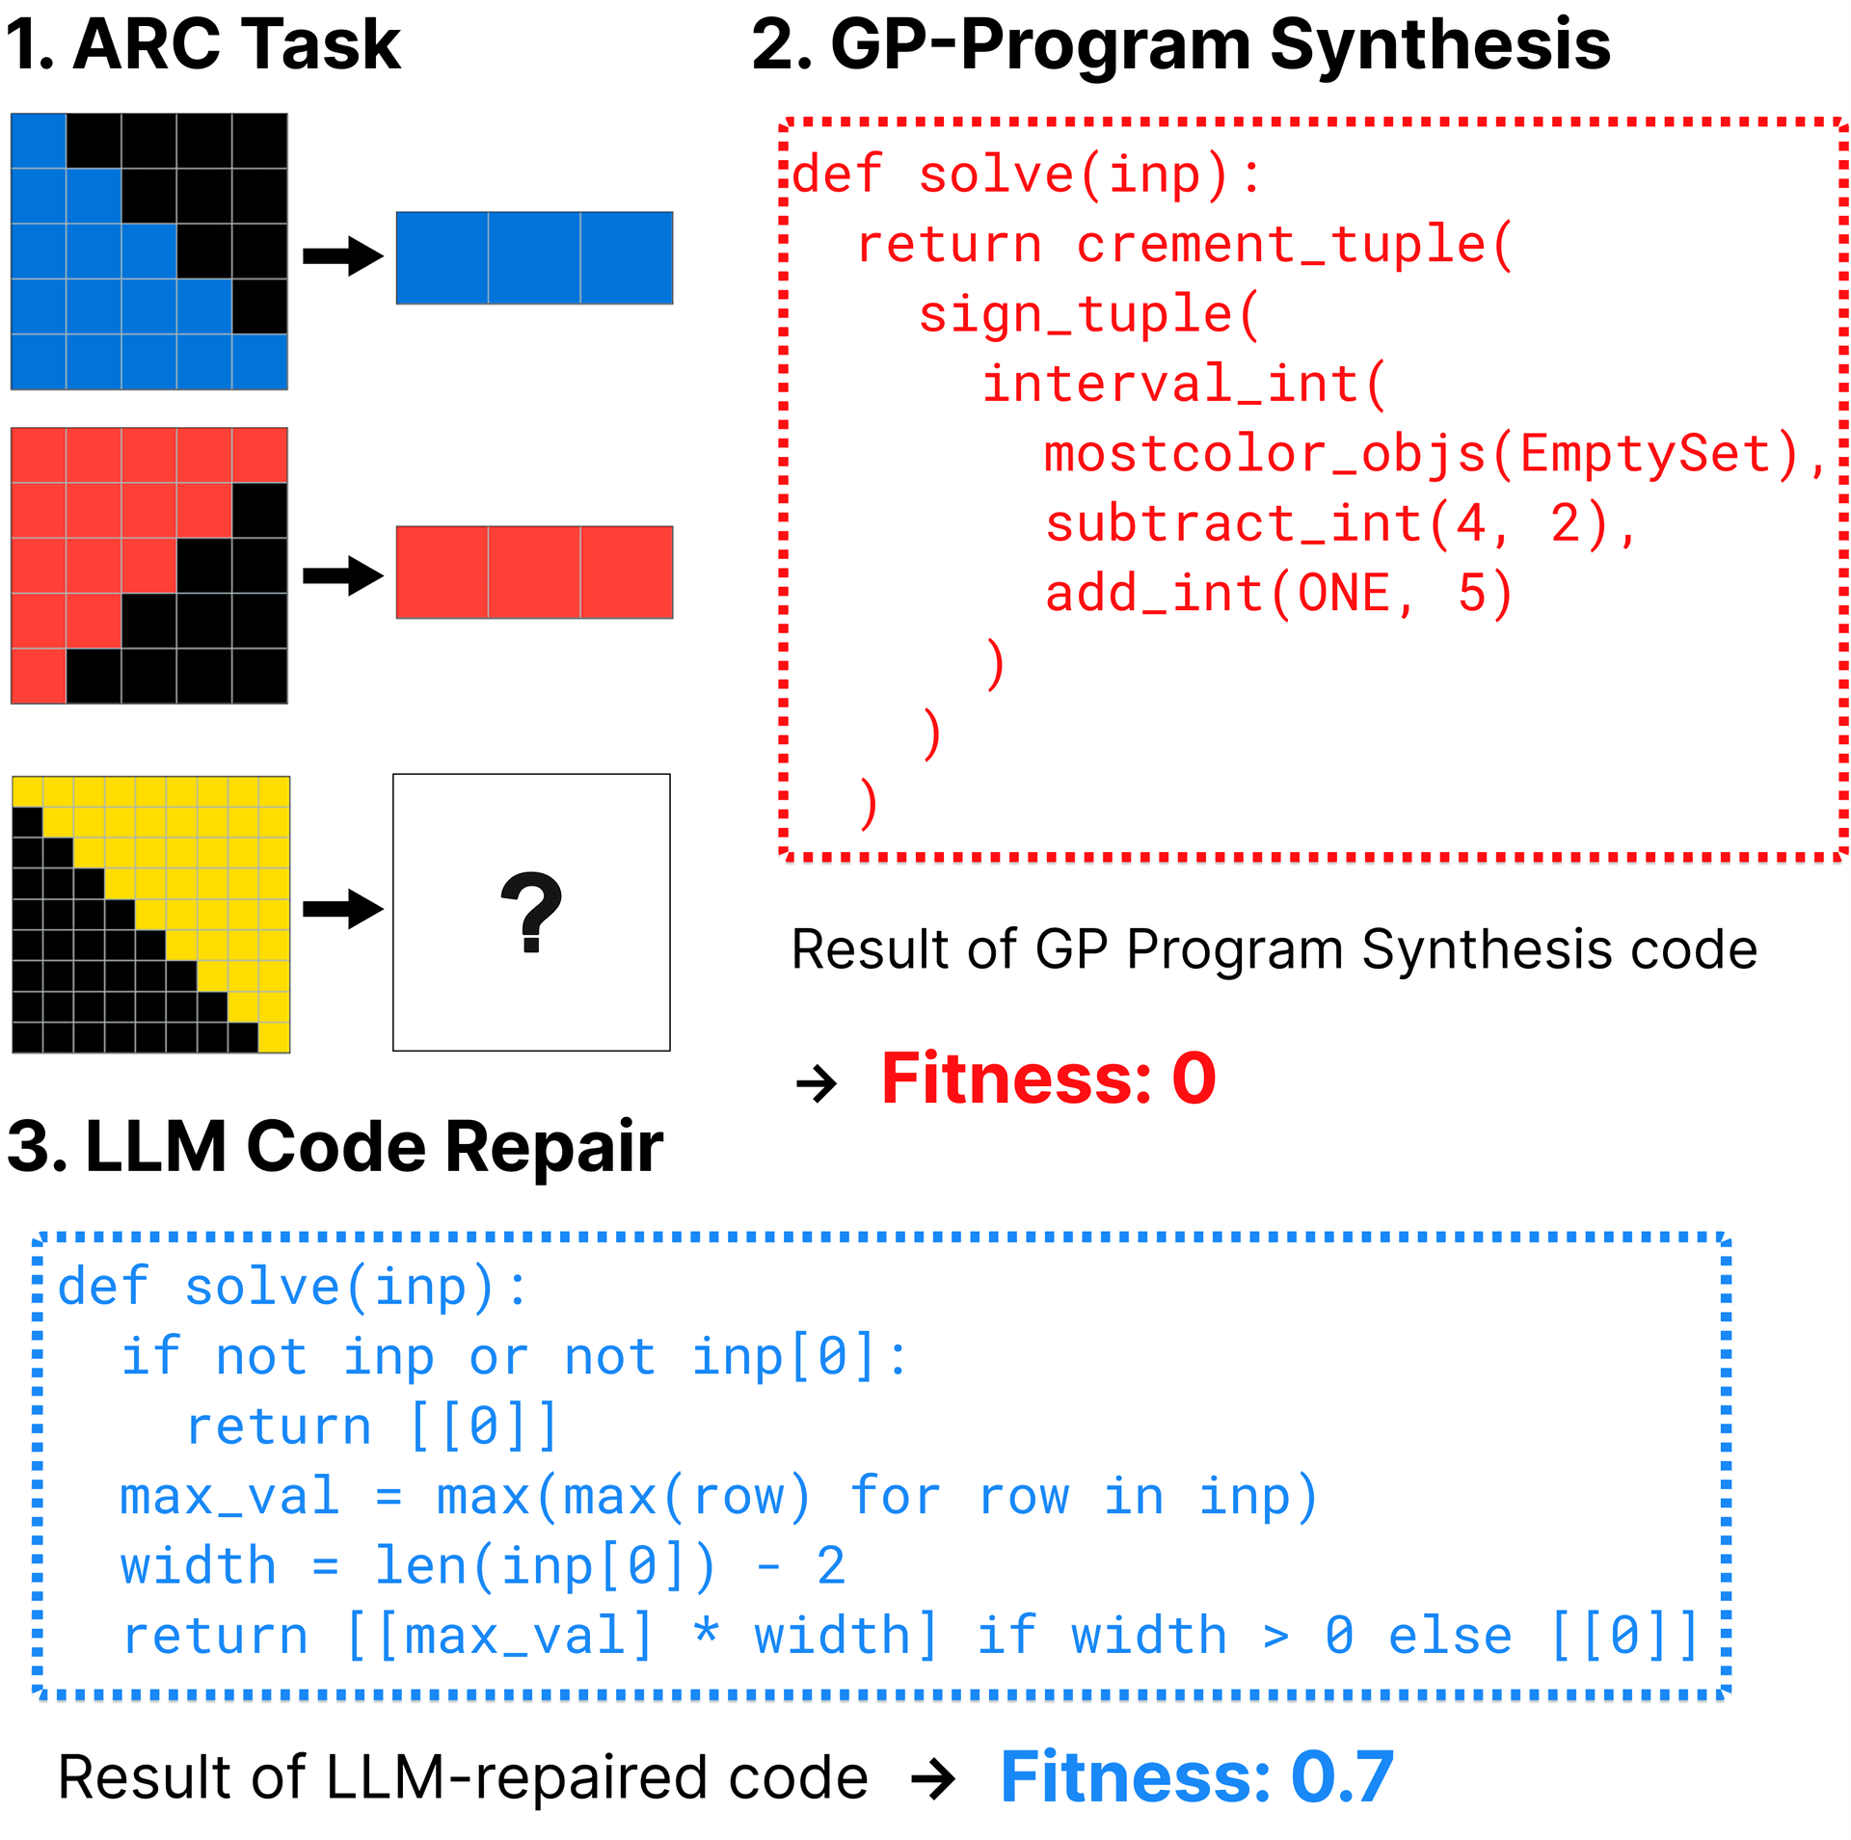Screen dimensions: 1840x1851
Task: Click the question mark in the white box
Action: [531, 912]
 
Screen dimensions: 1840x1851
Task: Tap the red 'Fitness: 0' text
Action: [1048, 1079]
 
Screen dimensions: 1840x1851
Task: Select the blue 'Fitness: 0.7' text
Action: [1196, 1776]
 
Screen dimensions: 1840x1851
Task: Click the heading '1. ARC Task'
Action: [203, 44]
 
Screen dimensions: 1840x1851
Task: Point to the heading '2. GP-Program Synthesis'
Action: [1180, 44]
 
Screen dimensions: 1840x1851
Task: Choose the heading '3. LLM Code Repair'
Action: [335, 1147]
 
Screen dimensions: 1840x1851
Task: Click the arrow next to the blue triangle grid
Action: [342, 256]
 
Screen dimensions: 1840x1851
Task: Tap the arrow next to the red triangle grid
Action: [342, 575]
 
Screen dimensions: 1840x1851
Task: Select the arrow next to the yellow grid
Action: [342, 909]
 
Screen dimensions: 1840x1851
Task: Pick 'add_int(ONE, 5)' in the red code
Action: [1279, 593]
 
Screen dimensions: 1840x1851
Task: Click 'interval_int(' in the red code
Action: [1184, 384]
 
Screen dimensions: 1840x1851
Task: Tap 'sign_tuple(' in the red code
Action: [1089, 314]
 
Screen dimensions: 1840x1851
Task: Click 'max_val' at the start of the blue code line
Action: [229, 1497]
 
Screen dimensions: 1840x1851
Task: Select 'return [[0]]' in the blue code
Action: [372, 1427]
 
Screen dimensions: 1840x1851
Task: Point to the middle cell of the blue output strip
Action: [534, 258]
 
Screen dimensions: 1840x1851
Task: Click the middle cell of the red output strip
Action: [534, 573]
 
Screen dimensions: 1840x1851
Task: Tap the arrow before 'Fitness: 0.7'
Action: [932, 1779]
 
